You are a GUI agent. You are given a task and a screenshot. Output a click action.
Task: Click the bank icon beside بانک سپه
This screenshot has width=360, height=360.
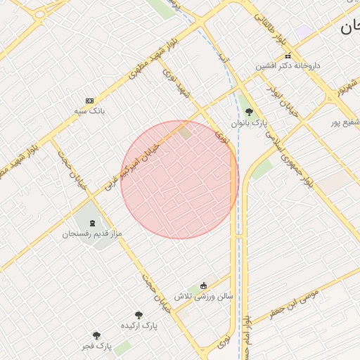coord(89,101)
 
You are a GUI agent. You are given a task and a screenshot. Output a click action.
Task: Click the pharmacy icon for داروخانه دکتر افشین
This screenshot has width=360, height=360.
coord(288,56)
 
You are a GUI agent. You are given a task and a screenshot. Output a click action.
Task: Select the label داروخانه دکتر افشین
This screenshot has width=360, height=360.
coord(288,65)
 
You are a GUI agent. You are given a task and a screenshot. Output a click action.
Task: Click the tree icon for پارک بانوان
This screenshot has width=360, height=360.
coord(249,111)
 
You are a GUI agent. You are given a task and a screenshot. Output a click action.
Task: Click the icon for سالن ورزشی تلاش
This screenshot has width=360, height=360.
coord(204,285)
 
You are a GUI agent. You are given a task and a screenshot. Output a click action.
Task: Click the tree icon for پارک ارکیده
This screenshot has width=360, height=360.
coord(139,315)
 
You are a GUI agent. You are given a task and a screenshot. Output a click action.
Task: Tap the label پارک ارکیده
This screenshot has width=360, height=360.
coord(139,326)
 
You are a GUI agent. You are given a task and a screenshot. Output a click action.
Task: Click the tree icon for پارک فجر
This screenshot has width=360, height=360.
coord(96,335)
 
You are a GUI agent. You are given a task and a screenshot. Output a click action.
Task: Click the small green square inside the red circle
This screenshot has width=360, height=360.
coord(184,131)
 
